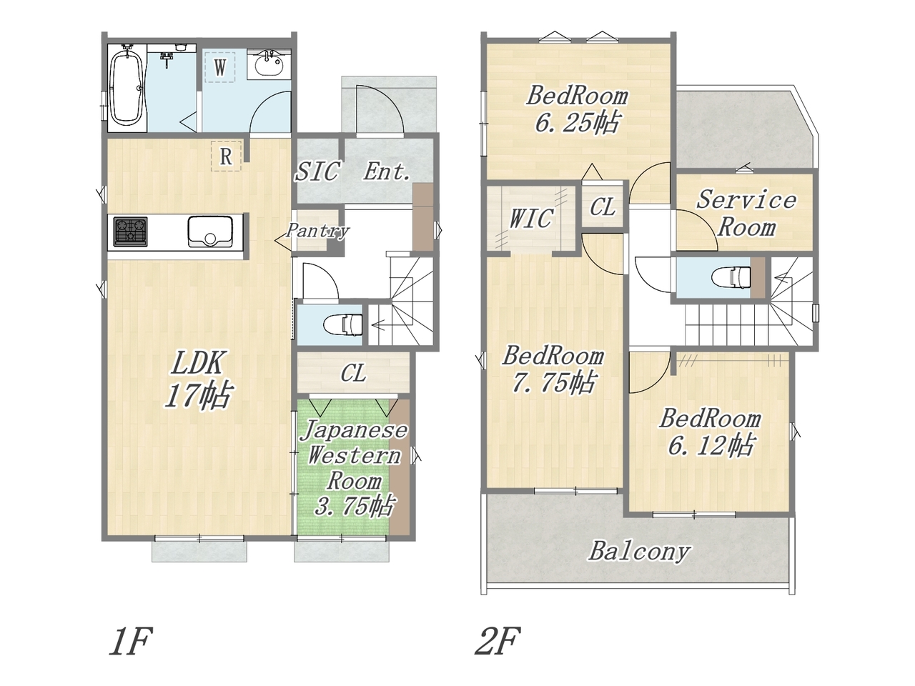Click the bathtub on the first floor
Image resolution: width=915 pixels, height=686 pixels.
pyautogui.click(x=127, y=89)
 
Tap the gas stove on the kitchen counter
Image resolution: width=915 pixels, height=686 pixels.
pyautogui.click(x=131, y=232)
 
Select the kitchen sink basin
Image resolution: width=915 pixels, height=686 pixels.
pyautogui.click(x=210, y=232)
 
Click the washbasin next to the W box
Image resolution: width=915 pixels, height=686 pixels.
pyautogui.click(x=269, y=64)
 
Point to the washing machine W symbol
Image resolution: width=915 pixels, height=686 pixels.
pyautogui.click(x=220, y=67)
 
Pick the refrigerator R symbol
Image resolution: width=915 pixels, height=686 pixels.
pyautogui.click(x=226, y=156)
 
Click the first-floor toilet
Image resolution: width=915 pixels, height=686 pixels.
pyautogui.click(x=342, y=324)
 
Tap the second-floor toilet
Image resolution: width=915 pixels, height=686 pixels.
pyautogui.click(x=731, y=276)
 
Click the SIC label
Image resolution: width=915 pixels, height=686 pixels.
pyautogui.click(x=317, y=171)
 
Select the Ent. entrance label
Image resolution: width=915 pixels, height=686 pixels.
pyautogui.click(x=387, y=171)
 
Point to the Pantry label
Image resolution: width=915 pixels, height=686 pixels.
pyautogui.click(x=318, y=230)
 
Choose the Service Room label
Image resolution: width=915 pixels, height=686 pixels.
pyautogui.click(x=746, y=213)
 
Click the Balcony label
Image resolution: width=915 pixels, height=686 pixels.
pyautogui.click(x=639, y=552)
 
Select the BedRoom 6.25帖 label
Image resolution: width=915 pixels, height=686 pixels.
pyautogui.click(x=578, y=109)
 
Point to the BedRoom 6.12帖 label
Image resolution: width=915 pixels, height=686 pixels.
pyautogui.click(x=710, y=432)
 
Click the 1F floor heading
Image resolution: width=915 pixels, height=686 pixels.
pyautogui.click(x=129, y=641)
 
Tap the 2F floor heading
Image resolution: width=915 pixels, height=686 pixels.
pyautogui.click(x=498, y=641)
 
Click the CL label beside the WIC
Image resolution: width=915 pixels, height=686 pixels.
pyautogui.click(x=603, y=207)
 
